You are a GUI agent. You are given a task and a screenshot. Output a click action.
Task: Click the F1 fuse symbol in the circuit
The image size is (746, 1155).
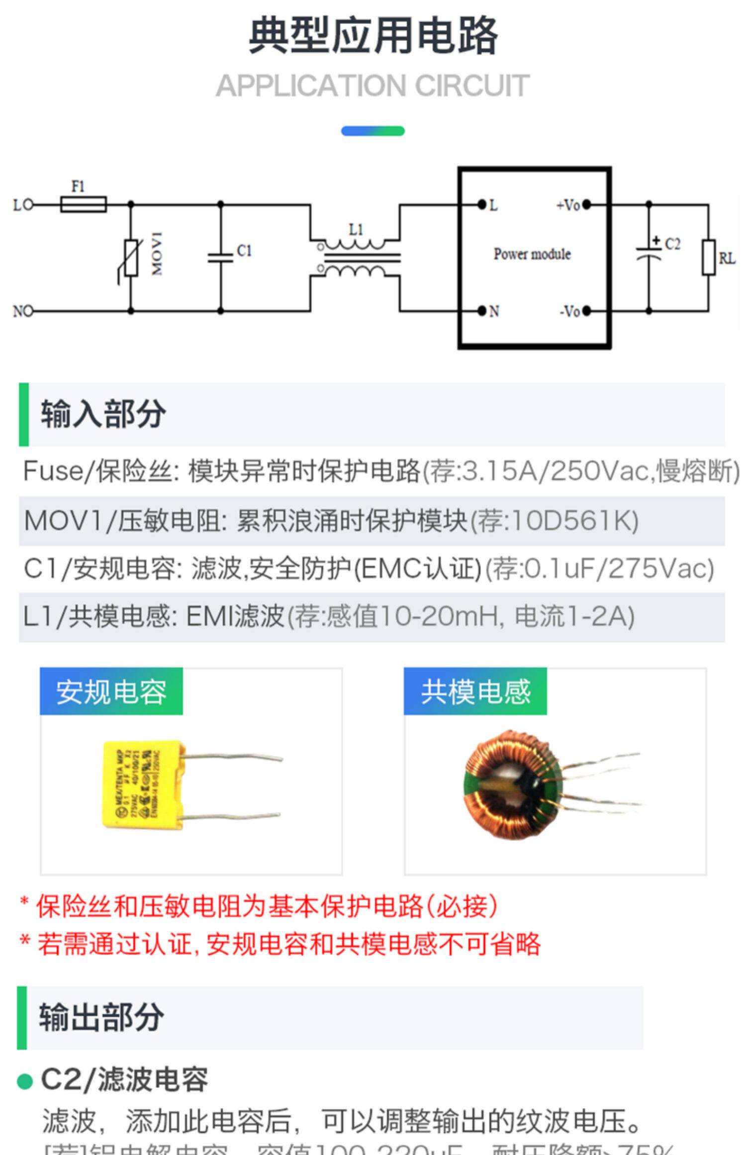click(x=83, y=204)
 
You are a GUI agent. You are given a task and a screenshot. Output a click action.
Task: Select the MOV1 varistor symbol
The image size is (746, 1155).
click(x=131, y=258)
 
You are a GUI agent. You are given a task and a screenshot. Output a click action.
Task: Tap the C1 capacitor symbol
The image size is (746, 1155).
click(x=221, y=258)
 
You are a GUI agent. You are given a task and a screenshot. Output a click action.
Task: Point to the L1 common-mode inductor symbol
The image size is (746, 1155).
click(x=356, y=258)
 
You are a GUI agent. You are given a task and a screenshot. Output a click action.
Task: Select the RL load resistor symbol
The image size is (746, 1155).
click(x=709, y=258)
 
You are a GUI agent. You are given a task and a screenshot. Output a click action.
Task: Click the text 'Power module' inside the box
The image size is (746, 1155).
click(x=532, y=254)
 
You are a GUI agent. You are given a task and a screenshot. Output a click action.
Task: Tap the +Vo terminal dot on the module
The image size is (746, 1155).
click(x=586, y=204)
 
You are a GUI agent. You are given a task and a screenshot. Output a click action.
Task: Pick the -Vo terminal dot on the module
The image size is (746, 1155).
click(x=586, y=311)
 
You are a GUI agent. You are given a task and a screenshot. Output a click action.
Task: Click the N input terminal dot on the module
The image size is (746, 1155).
click(x=481, y=311)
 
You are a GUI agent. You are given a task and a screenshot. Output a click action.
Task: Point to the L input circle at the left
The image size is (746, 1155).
click(x=28, y=204)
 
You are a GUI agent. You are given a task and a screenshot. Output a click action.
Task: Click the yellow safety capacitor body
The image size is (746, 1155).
click(x=142, y=784)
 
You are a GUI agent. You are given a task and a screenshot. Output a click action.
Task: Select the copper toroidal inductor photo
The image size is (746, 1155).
click(x=512, y=784)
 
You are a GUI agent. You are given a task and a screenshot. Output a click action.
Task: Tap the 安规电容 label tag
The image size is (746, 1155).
click(x=111, y=691)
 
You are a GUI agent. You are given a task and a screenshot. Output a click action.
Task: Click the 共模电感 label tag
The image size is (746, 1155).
click(x=475, y=691)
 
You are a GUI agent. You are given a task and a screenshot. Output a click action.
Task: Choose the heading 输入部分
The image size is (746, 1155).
click(x=103, y=414)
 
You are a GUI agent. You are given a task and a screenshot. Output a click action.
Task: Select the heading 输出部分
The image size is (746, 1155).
click(x=101, y=1017)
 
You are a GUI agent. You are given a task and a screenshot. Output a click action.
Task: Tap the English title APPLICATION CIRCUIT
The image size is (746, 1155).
click(x=373, y=86)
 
